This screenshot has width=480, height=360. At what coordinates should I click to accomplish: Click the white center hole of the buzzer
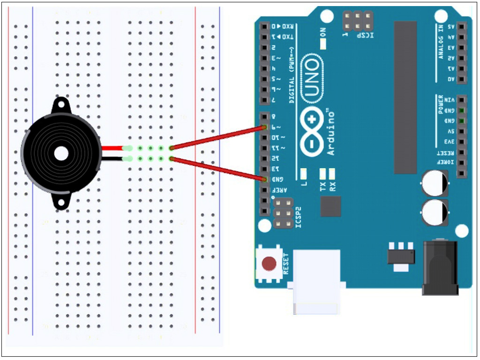pos(60,153)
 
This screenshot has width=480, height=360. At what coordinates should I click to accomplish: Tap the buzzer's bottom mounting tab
pos(61,202)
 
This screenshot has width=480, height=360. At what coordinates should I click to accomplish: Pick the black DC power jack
pos(440,268)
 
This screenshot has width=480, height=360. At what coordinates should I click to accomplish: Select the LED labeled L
pos(303,174)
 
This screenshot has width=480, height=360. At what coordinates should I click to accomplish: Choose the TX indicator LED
pos(322,174)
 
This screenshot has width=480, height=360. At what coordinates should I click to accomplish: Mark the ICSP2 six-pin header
pos(283,213)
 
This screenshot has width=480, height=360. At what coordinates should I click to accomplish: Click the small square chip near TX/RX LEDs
pos(330,206)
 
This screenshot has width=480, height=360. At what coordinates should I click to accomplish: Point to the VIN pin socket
pos(462,100)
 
